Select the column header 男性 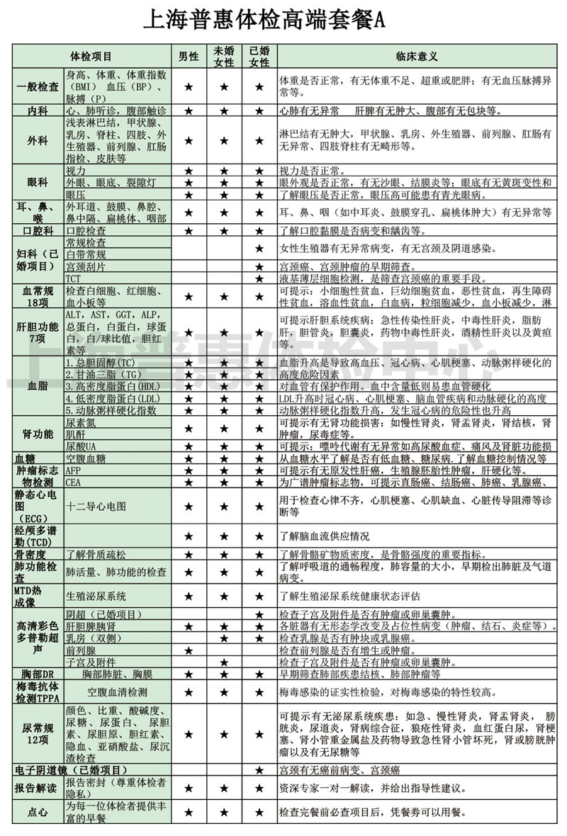(x=188, y=55)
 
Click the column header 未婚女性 (x=224, y=55)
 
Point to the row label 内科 (x=38, y=111)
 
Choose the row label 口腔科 (x=38, y=230)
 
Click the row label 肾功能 (x=38, y=433)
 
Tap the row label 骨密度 (x=38, y=554)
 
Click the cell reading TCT (x=74, y=278)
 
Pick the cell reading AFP (x=74, y=470)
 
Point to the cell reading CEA (x=74, y=482)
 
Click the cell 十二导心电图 (x=96, y=507)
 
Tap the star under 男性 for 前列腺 (x=189, y=650)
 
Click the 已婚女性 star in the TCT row (x=259, y=278)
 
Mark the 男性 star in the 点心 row (x=189, y=811)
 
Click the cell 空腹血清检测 (x=117, y=691)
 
